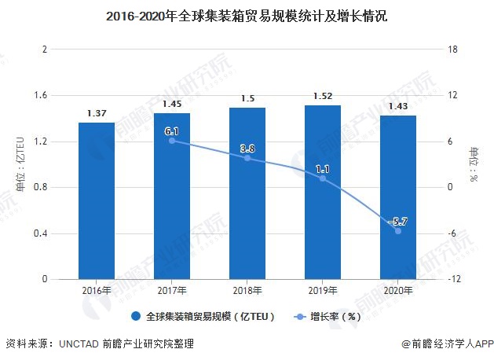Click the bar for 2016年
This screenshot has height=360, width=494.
coord(97,200)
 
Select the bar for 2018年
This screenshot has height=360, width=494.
coord(247,193)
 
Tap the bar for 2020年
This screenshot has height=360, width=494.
coord(398,197)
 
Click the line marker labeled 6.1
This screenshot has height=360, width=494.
coord(172,141)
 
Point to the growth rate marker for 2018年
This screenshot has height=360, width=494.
coord(247,158)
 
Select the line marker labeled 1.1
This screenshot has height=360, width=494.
coord(323,178)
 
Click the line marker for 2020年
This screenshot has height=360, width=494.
coord(398,231)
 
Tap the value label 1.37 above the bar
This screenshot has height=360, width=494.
coord(97,113)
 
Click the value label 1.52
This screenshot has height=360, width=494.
coord(323,97)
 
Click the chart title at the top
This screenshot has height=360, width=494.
coord(247,16)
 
